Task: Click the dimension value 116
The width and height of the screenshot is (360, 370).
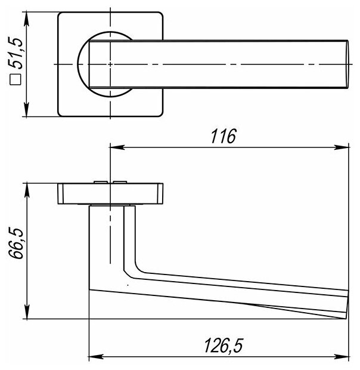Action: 223,136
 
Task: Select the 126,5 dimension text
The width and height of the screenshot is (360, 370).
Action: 223,346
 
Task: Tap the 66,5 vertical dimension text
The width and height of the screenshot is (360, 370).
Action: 16,243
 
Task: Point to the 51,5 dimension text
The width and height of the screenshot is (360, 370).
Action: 15,53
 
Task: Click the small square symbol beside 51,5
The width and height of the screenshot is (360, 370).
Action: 15,80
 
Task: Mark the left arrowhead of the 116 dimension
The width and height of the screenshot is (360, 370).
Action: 117,147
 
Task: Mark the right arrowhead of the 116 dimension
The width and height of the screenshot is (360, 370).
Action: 342,147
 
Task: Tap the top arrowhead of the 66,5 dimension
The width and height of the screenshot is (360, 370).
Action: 27,190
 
